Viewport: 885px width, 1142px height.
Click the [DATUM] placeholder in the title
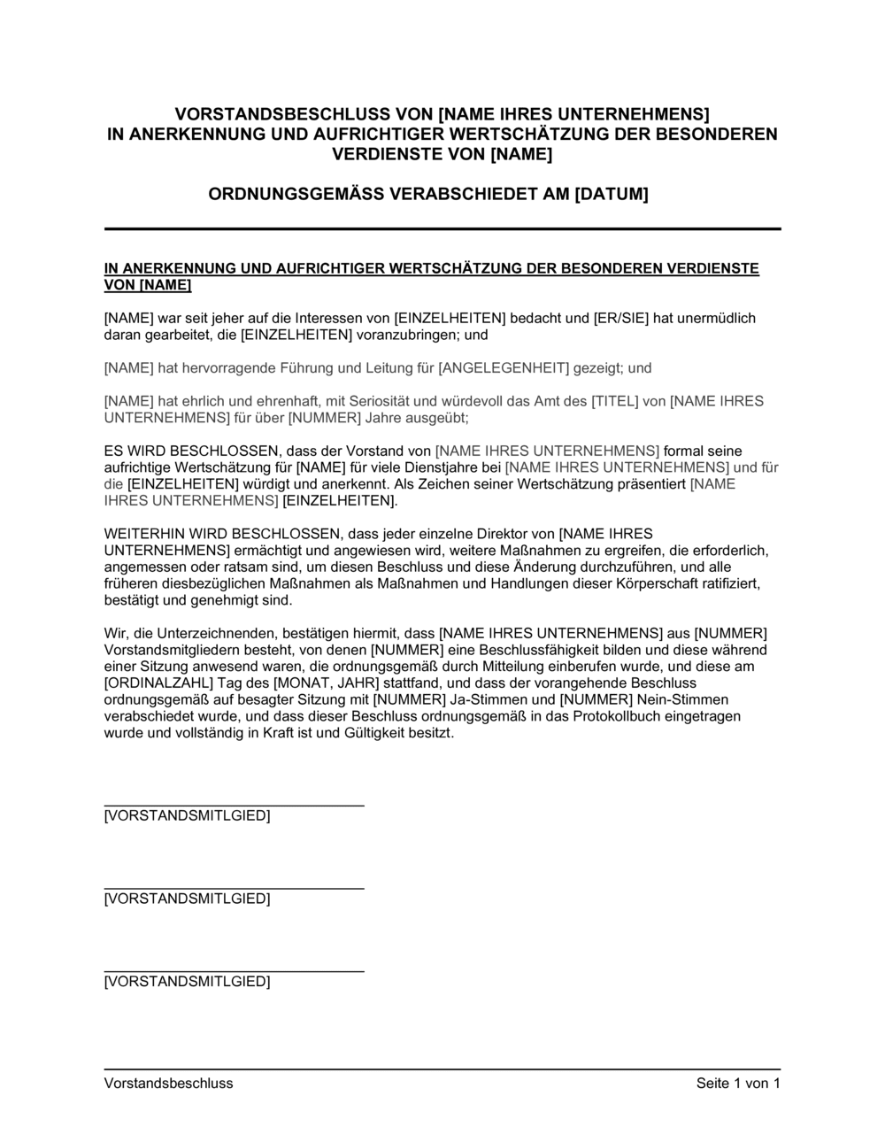pyautogui.click(x=612, y=194)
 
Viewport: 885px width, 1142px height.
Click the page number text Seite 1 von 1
pyautogui.click(x=738, y=1083)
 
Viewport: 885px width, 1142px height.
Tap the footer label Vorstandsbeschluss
pyautogui.click(x=168, y=1083)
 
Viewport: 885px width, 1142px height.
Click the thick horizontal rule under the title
pyautogui.click(x=442, y=229)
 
